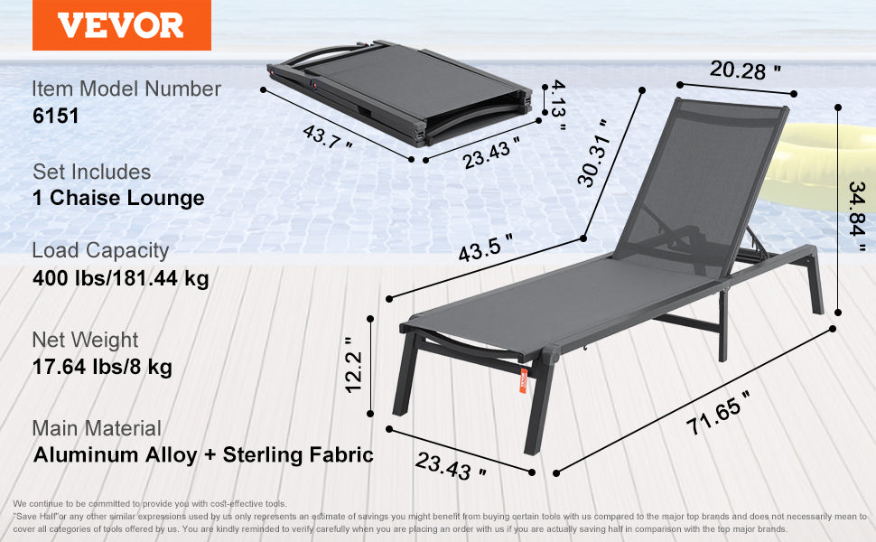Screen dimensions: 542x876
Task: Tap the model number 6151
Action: pyautogui.click(x=56, y=117)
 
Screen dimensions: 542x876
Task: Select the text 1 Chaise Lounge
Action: pyautogui.click(x=118, y=199)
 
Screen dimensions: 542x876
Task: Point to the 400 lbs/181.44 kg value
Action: pyautogui.click(x=120, y=278)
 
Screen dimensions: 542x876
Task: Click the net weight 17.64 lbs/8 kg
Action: pyautogui.click(x=102, y=367)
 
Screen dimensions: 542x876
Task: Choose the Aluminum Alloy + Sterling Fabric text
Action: pyautogui.click(x=203, y=454)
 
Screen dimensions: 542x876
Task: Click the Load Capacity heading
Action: pyautogui.click(x=100, y=250)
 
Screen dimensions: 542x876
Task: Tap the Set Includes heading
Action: pyautogui.click(x=92, y=172)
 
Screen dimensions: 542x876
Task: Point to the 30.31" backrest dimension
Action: pyautogui.click(x=596, y=154)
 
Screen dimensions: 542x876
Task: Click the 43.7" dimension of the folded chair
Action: pyautogui.click(x=327, y=137)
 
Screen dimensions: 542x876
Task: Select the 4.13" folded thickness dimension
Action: pyautogui.click(x=557, y=105)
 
